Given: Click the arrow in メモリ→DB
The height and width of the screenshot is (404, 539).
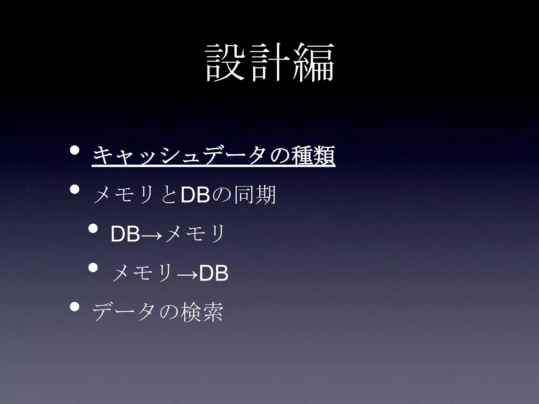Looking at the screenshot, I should pyautogui.click(x=187, y=275).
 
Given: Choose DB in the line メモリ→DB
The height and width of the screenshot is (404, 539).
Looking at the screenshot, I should pyautogui.click(x=213, y=274).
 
